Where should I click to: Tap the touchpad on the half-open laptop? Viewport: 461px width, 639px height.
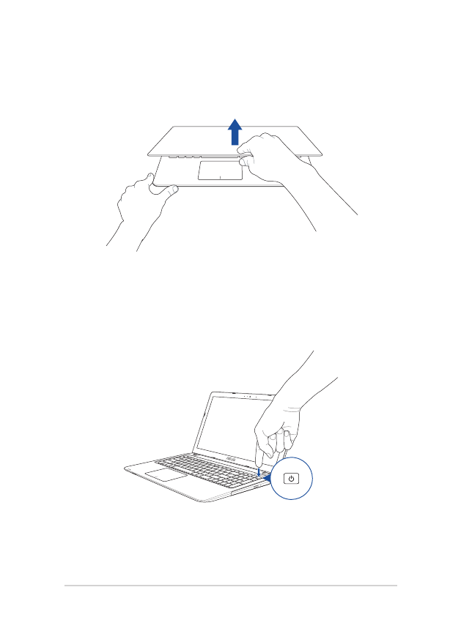click(x=220, y=171)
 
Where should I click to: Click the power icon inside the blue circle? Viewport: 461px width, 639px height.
click(x=292, y=479)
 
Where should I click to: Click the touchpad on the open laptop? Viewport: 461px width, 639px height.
click(x=165, y=474)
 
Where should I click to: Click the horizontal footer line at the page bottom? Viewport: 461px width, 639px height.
click(x=230, y=585)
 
